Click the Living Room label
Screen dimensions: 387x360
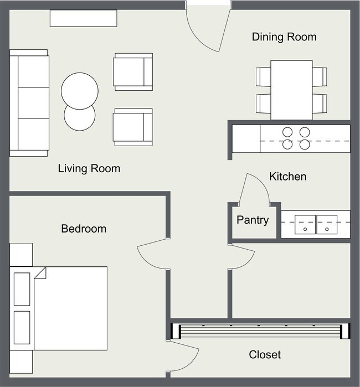click(89, 168)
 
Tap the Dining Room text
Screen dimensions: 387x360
click(284, 37)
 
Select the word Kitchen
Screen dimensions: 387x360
click(287, 177)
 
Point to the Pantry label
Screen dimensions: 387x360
click(253, 220)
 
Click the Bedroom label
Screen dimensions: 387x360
click(84, 228)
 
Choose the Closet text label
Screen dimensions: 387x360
click(264, 354)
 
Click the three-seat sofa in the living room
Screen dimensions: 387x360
click(29, 102)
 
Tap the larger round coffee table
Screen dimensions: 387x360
click(80, 90)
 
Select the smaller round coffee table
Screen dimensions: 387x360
click(79, 117)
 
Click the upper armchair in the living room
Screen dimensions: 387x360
click(132, 71)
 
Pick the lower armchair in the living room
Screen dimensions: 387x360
click(132, 127)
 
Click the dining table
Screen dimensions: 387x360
click(291, 89)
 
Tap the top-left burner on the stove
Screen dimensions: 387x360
click(288, 132)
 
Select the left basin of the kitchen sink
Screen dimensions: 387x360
click(305, 224)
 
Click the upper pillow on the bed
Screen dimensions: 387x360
click(22, 288)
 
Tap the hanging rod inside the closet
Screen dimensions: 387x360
click(260, 331)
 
